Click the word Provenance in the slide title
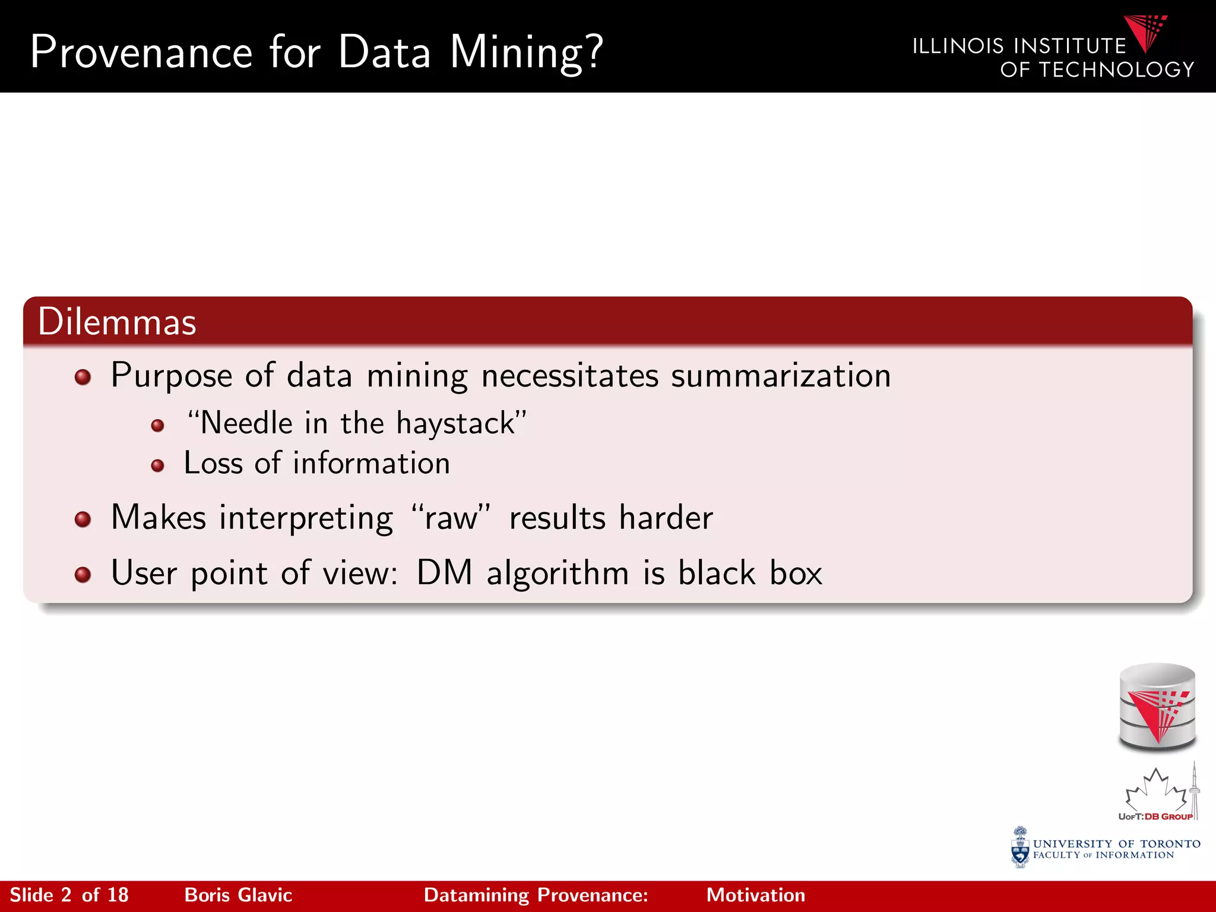[141, 52]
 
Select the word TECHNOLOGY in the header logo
[1116, 70]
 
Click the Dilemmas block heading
[117, 322]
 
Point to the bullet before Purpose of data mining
[83, 377]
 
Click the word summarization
[781, 376]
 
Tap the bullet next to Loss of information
[157, 465]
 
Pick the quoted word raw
[451, 518]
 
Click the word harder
[666, 518]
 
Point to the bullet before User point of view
[83, 575]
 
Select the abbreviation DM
[444, 574]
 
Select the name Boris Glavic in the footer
[238, 895]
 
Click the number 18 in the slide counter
[118, 895]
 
